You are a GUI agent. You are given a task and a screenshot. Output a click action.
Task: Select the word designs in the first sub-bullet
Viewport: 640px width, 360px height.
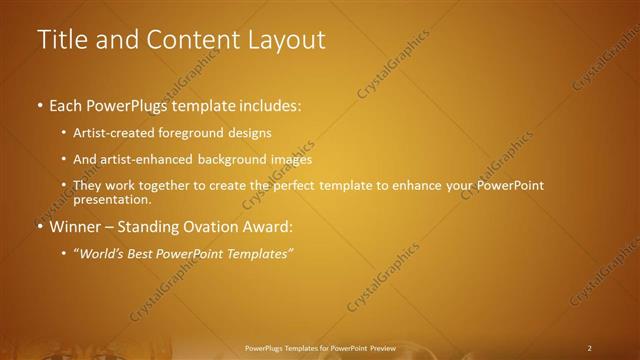pyautogui.click(x=248, y=133)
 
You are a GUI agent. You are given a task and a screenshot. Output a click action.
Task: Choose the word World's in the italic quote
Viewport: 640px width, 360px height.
pyautogui.click(x=103, y=253)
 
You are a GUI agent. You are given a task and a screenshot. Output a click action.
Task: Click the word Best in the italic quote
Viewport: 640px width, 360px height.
pyautogui.click(x=149, y=253)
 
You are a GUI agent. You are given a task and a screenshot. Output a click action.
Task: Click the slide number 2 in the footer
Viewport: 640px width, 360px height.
pyautogui.click(x=590, y=348)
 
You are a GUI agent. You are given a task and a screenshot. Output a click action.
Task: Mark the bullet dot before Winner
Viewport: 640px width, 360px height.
pyautogui.click(x=41, y=227)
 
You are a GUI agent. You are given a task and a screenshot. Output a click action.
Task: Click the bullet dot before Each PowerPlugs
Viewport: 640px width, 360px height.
pyautogui.click(x=41, y=105)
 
